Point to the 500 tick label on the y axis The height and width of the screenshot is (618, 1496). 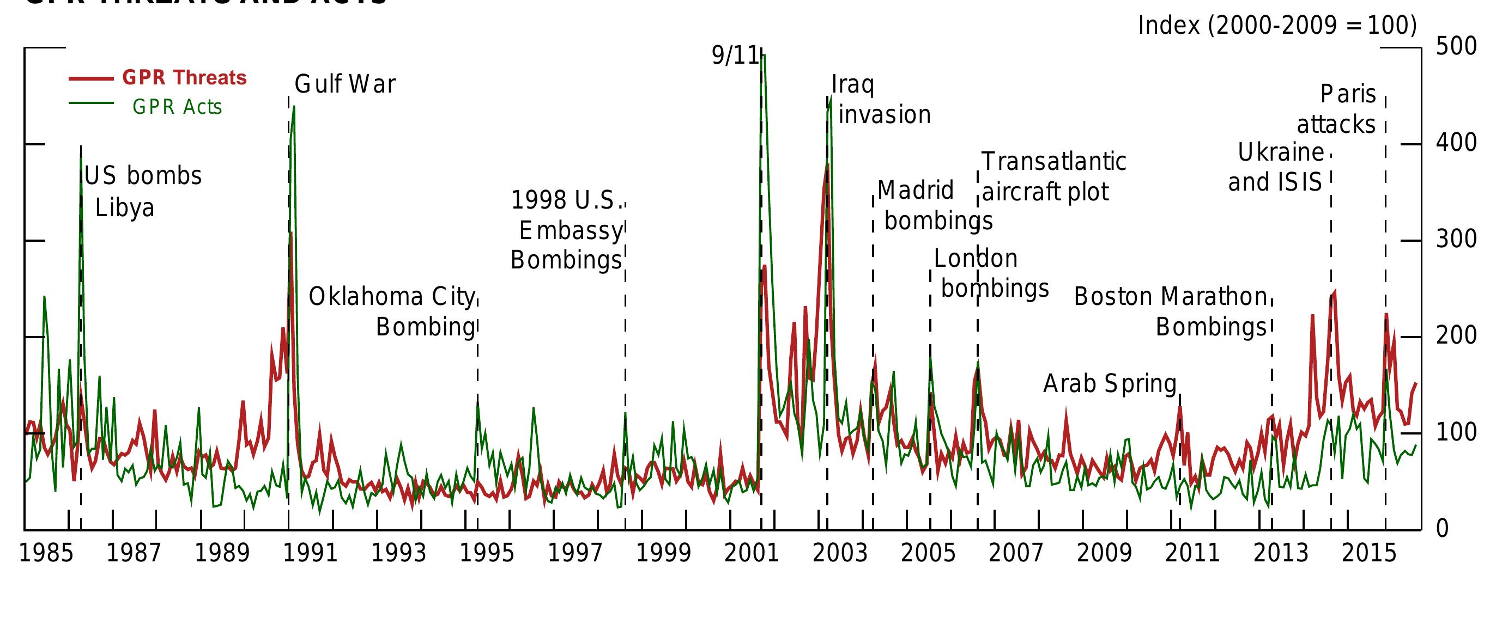coord(1456,46)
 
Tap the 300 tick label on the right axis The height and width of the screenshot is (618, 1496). coord(1456,239)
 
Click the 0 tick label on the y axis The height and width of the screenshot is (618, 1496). coord(1442,529)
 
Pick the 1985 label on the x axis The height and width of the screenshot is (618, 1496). coord(46,553)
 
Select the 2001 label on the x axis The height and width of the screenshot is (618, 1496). coord(752,553)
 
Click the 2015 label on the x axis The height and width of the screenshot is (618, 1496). coord(1369,553)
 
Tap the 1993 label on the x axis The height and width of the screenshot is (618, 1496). coord(398,553)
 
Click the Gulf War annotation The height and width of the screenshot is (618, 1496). coord(345,85)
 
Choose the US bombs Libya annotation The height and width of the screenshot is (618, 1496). coord(142,192)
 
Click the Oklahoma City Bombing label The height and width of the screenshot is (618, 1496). coord(392,311)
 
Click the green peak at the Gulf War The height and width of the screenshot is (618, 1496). coord(294,107)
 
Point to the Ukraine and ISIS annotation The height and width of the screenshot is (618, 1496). coord(1276,167)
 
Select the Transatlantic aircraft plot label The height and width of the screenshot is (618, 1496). coord(1053,176)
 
